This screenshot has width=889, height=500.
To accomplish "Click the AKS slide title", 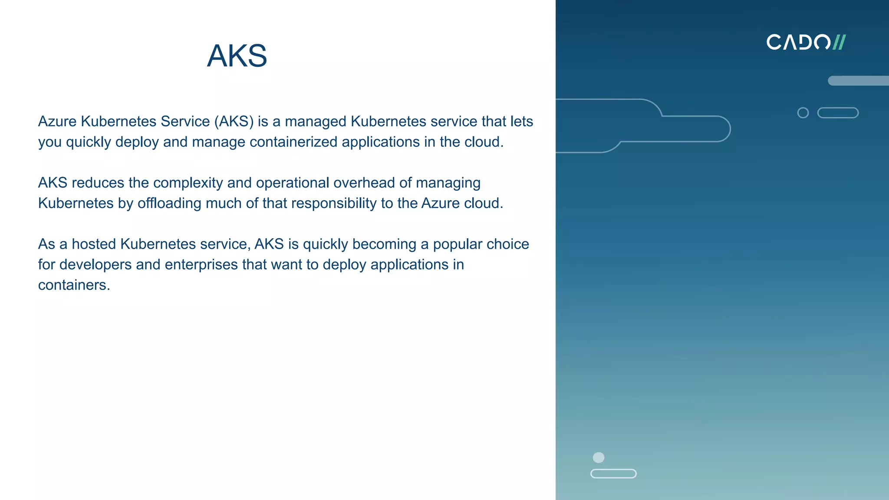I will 237,56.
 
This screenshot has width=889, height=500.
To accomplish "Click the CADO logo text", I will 798,42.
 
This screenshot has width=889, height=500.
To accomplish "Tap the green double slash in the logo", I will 839,42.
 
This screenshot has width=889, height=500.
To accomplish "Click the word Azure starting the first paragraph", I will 57,121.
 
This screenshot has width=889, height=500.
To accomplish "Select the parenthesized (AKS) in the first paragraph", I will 234,121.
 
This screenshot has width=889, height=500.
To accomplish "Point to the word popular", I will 458,244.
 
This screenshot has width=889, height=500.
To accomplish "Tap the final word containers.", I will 74,285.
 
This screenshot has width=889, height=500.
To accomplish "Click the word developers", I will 95,264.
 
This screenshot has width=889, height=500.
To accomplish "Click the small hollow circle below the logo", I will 803,113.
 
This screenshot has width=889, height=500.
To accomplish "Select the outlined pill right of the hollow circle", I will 838,113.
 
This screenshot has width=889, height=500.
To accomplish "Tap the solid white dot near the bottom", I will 599,457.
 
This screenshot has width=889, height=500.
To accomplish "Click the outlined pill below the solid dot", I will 613,474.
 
